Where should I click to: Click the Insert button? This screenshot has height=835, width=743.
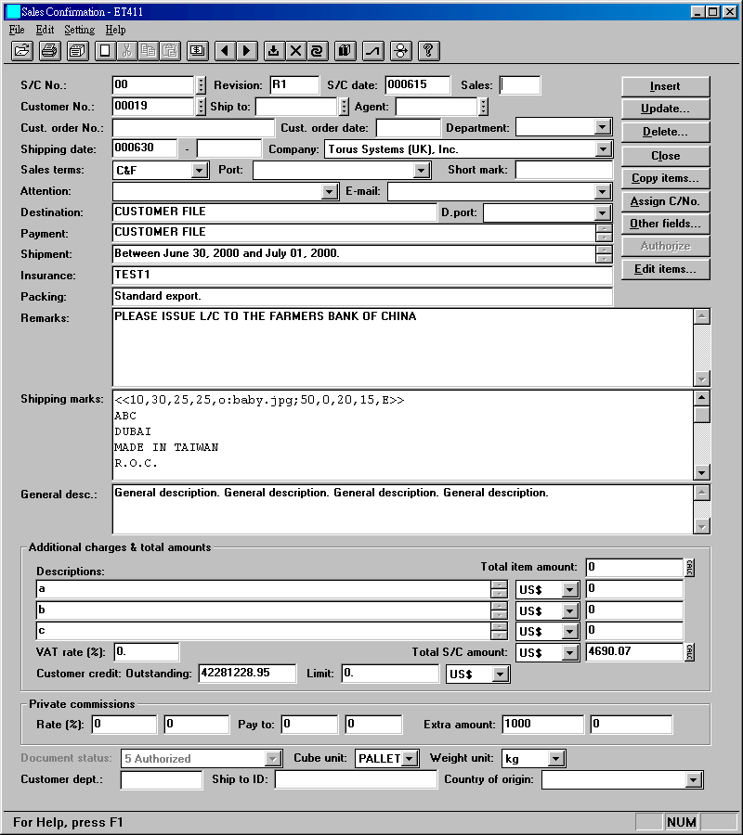[665, 86]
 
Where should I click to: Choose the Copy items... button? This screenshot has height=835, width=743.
[665, 178]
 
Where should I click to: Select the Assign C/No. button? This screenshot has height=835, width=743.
[665, 201]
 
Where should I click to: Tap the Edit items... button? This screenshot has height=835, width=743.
[665, 269]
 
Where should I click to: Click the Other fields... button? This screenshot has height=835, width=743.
[665, 224]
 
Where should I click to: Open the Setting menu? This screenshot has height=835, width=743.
[79, 30]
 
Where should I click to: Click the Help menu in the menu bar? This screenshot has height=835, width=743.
[115, 30]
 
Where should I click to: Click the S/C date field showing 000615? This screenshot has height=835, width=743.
[417, 85]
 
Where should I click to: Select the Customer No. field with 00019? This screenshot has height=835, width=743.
[153, 107]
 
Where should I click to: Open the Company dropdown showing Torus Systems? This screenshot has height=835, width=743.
[603, 149]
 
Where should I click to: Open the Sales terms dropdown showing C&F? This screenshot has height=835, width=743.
[199, 171]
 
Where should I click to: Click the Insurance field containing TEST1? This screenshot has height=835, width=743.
[362, 276]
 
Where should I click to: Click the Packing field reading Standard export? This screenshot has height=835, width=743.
[362, 297]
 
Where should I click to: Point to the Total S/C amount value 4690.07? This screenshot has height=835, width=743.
[633, 652]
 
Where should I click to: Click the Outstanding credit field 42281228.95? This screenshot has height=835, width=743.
[246, 674]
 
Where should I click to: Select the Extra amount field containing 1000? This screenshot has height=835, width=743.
[542, 725]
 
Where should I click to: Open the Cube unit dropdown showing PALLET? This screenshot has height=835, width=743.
[410, 759]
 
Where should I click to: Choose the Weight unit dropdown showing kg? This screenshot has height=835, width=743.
[555, 759]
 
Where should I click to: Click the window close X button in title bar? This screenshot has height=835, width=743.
[729, 12]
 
